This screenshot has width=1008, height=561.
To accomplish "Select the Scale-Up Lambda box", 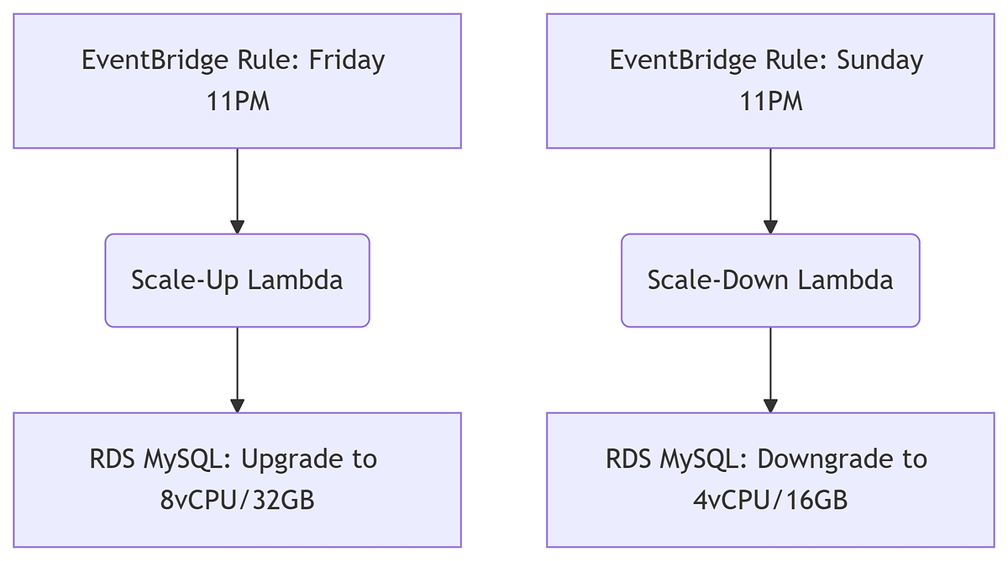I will click(237, 280).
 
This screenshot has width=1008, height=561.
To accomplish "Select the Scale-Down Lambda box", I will click(770, 280).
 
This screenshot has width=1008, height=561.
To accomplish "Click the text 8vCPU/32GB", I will click(237, 500).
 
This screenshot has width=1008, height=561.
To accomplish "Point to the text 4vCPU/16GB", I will click(770, 500).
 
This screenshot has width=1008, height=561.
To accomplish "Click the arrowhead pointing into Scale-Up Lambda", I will click(237, 227).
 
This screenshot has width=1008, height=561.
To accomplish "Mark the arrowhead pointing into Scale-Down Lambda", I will click(770, 227).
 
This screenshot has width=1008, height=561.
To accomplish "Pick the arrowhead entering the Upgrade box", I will click(237, 406).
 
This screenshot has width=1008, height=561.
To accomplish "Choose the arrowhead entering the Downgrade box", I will click(770, 406).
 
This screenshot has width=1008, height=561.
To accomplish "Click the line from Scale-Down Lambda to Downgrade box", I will click(770, 361).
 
